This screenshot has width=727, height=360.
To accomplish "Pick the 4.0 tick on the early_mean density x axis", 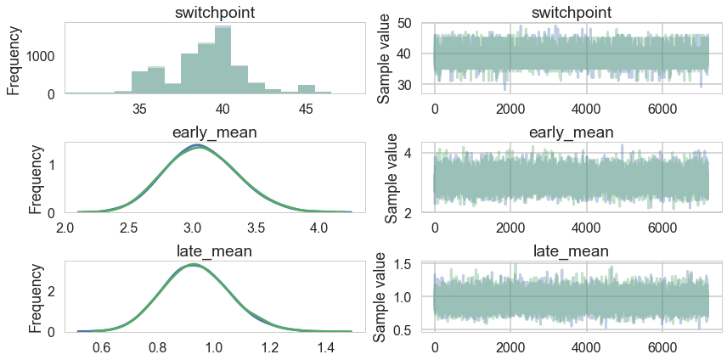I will pos(318,228).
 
